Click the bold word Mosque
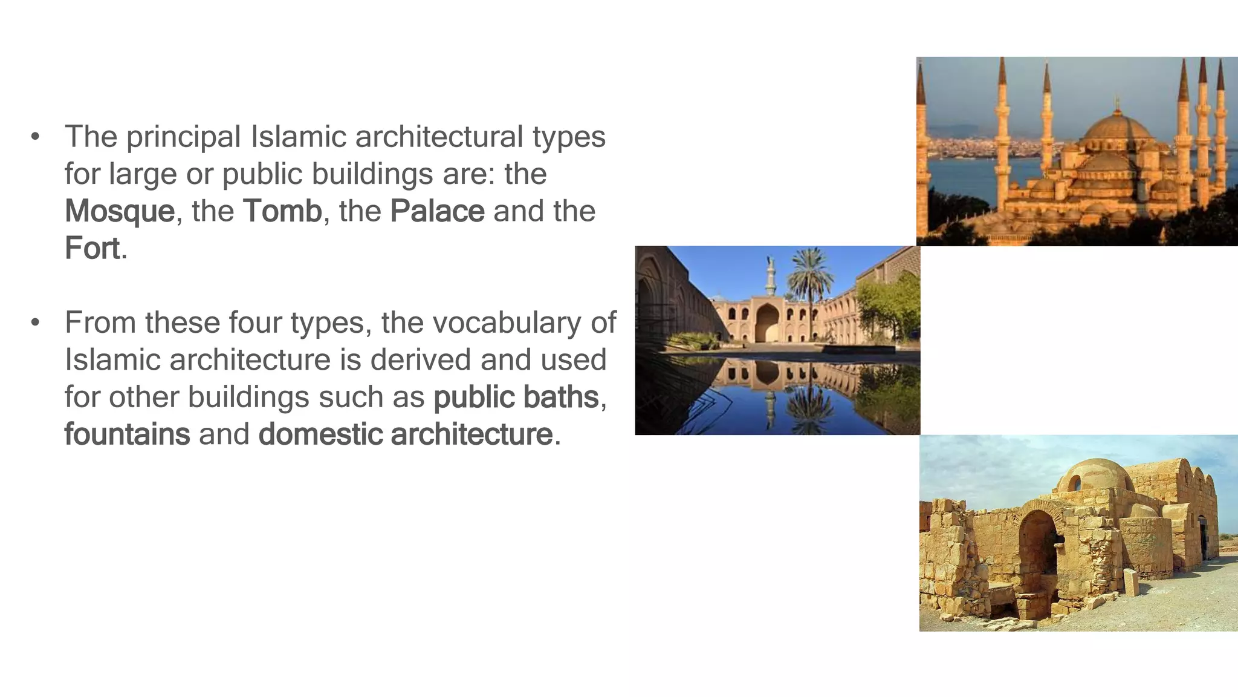coord(120,211)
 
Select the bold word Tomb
coord(282,211)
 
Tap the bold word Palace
coord(437,211)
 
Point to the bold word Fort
coord(92,249)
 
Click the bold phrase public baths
coord(516,398)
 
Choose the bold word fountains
coord(127,434)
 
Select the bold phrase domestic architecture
coord(405,434)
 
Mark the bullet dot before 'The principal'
coord(36,137)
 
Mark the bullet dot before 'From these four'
coord(36,322)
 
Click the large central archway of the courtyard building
coord(768,323)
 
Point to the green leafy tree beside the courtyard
coord(889,309)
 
